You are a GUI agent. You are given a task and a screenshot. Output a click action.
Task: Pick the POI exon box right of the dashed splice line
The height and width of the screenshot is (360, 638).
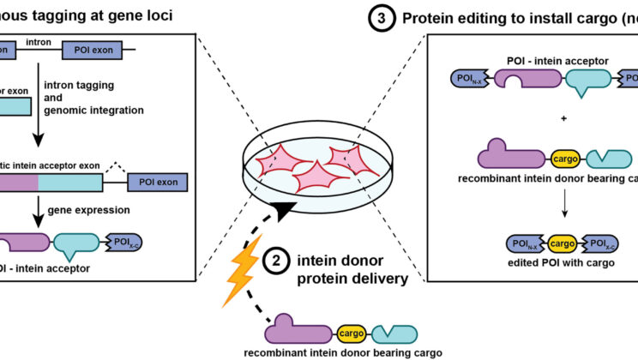pyautogui.click(x=158, y=183)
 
